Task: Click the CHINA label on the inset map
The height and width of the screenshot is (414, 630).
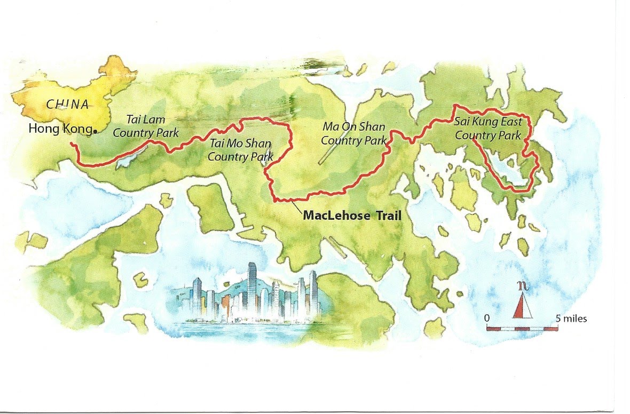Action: pyautogui.click(x=67, y=104)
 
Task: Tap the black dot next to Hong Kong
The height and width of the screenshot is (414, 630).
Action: pyautogui.click(x=94, y=131)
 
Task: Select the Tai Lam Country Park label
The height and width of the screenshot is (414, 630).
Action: pyautogui.click(x=146, y=126)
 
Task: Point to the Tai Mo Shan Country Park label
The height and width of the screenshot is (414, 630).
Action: pyautogui.click(x=240, y=150)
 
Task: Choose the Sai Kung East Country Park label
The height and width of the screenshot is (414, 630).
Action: pyautogui.click(x=488, y=129)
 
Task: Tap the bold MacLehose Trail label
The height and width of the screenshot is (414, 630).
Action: pyautogui.click(x=352, y=216)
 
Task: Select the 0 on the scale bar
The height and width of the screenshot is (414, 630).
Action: pyautogui.click(x=487, y=319)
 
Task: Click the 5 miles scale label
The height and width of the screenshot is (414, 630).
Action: pyautogui.click(x=571, y=319)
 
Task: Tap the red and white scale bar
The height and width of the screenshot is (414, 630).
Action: pyautogui.click(x=522, y=328)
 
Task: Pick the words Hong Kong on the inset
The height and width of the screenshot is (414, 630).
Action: pyautogui.click(x=59, y=129)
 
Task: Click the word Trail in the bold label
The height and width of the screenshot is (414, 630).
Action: pyautogui.click(x=385, y=216)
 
